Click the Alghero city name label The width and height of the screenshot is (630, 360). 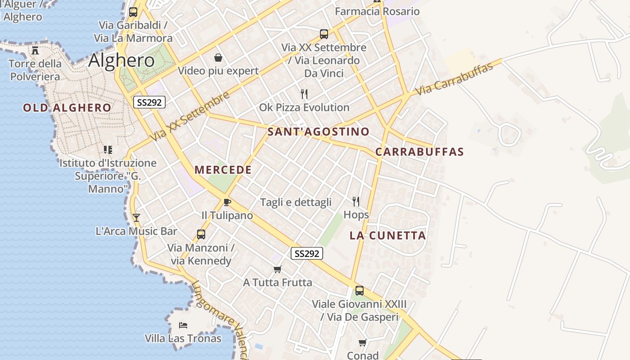(121, 60)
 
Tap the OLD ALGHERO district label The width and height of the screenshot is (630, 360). (67, 108)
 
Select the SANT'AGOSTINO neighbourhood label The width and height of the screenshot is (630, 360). (318, 132)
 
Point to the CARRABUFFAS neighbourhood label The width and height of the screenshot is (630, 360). (419, 152)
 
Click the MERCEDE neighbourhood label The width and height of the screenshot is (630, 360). (223, 170)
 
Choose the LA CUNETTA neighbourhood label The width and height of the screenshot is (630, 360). (387, 236)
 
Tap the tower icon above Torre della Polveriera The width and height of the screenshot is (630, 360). (35, 50)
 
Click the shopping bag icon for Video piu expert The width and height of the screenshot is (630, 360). (218, 57)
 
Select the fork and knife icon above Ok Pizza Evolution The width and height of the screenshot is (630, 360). (304, 94)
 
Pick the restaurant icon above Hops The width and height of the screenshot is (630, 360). (356, 201)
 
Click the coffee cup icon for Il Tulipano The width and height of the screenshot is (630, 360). (227, 202)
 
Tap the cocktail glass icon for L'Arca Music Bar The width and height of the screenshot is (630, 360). (136, 218)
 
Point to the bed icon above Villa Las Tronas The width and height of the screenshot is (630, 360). (183, 325)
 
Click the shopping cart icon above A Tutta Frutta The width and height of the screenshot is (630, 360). (277, 269)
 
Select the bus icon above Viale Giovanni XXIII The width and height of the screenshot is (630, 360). (359, 291)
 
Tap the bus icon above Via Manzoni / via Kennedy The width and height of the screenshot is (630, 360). (201, 234)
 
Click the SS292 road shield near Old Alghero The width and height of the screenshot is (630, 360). (149, 103)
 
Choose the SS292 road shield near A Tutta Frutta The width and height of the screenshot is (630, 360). (307, 254)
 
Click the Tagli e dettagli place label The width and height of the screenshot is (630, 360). (296, 202)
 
